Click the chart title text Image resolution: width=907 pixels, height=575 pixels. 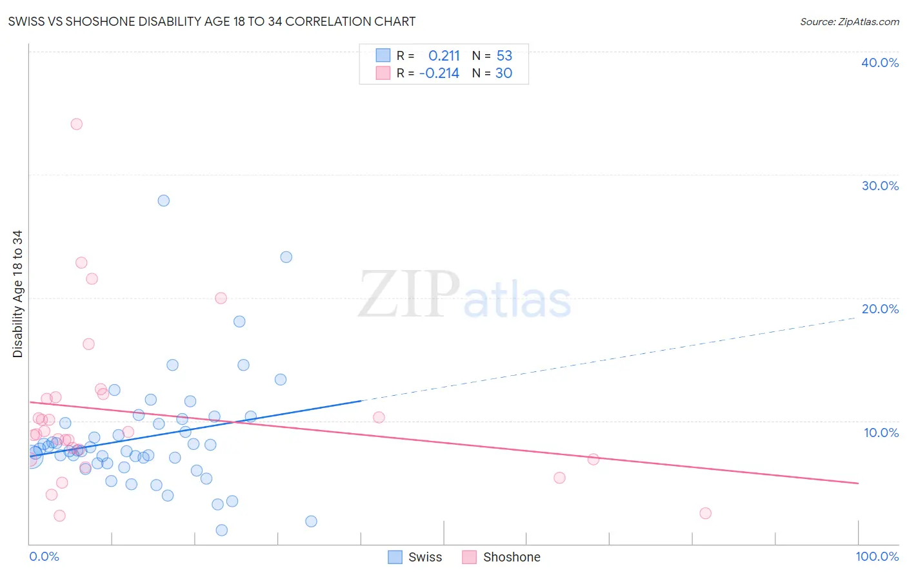point(212,21)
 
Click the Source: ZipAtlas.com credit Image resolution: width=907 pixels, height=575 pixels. point(849,21)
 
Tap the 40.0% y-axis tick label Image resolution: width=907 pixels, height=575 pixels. point(880,63)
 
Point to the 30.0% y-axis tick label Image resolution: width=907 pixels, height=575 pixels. point(880,186)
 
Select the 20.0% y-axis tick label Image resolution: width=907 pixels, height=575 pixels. point(880,309)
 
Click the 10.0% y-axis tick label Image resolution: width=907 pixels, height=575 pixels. point(880,433)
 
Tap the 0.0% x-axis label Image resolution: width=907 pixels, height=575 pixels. point(44,556)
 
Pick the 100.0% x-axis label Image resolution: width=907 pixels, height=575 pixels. point(877,556)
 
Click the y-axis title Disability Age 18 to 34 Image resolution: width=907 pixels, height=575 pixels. point(17,294)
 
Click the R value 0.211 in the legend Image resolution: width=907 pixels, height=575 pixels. point(444,55)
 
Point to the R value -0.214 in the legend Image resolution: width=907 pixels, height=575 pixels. point(439,73)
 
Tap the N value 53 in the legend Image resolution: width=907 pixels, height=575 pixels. point(504,55)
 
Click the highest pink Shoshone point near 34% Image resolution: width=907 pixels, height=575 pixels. point(77,124)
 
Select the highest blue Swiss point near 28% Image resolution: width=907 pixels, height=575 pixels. point(164,200)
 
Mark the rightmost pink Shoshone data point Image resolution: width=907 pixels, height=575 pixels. point(705,513)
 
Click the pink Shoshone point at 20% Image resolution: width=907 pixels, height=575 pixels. point(221,298)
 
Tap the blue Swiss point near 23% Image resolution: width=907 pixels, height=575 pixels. point(286,257)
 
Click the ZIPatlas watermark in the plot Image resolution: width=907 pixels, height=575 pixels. point(464,295)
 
